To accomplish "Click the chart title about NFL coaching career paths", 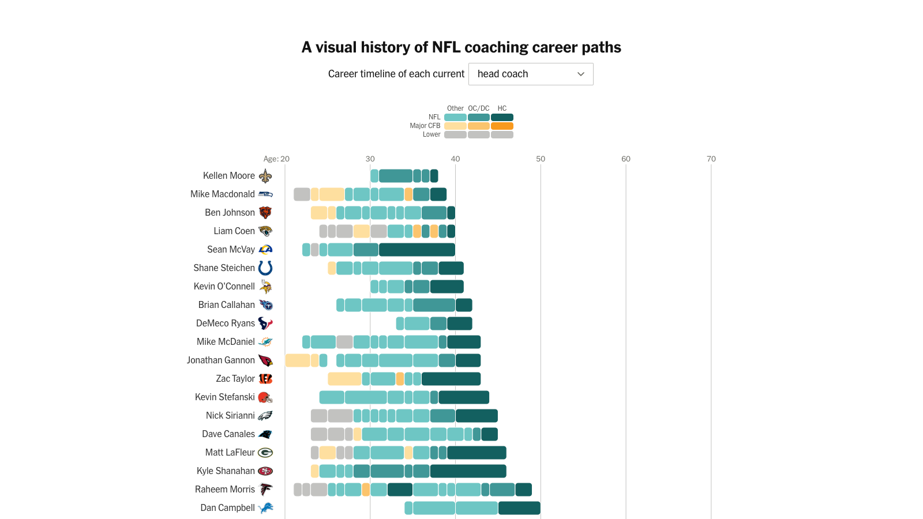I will tap(461, 47).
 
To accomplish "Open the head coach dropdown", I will tap(531, 74).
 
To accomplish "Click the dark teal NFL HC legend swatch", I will tap(502, 118).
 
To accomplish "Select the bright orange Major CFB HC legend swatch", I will tap(502, 126).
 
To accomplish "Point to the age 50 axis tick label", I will tap(541, 159).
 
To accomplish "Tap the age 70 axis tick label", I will tap(711, 159).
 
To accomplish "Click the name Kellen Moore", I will tap(228, 176).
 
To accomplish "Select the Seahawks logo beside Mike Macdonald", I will tap(265, 194).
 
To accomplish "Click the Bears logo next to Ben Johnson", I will tap(265, 213).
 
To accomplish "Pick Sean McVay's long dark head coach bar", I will tap(417, 250).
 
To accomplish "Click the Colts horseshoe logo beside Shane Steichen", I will tap(265, 268).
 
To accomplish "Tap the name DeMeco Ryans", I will tap(225, 324).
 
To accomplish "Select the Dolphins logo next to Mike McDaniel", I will tap(265, 342).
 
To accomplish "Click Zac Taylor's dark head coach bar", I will tap(451, 379).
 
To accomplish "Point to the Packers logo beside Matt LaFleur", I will tap(265, 453).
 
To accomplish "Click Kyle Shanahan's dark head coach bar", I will tap(468, 471).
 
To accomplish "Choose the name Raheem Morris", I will tap(224, 490).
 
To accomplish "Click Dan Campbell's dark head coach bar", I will tap(519, 508).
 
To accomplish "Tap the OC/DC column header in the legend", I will tap(479, 108).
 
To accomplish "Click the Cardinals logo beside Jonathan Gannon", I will tap(265, 360).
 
